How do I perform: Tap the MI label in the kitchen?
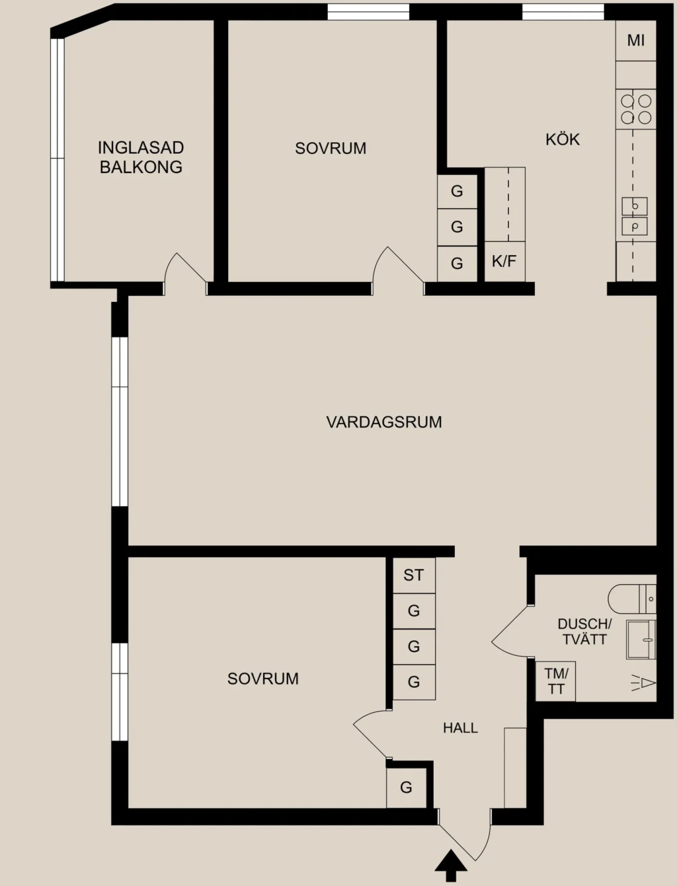[636, 40]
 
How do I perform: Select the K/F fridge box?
[504, 262]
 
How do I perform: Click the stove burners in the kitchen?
[636, 110]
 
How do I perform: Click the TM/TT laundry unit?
[555, 682]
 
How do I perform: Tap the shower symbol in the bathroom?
[643, 683]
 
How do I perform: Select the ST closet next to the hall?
[414, 575]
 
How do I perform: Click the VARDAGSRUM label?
[383, 422]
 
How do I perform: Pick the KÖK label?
[563, 139]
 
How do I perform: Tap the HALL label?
[461, 728]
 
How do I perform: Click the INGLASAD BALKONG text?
[141, 157]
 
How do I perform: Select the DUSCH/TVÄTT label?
[584, 632]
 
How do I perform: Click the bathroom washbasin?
[641, 640]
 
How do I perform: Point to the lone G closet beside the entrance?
[407, 787]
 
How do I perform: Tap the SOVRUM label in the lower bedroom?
[263, 679]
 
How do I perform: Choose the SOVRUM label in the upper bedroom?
[331, 148]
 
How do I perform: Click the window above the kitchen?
[563, 12]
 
